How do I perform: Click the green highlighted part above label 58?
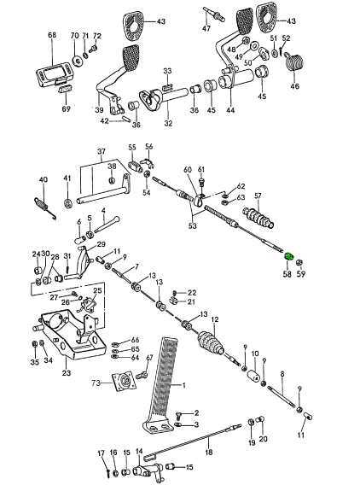coord(288,256)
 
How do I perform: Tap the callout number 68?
coord(52,35)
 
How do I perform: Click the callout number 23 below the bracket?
coord(67,373)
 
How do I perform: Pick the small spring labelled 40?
coord(45,207)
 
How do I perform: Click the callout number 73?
coord(96,383)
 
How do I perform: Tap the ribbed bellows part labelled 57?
coord(258,218)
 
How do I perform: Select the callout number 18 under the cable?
coord(209,452)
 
